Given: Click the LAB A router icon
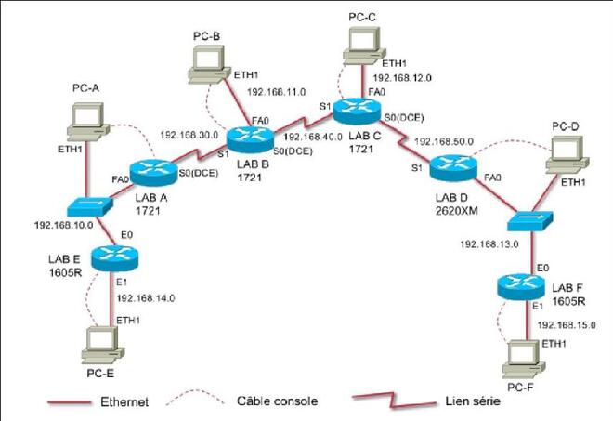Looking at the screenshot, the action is point(153,173).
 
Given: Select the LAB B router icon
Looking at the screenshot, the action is point(250,139).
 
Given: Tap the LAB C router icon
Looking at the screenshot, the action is point(358,111).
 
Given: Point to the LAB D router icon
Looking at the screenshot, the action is point(453,168).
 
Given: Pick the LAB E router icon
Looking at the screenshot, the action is point(115,258).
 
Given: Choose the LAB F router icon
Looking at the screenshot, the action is point(521,287).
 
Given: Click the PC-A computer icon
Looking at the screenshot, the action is point(88,122).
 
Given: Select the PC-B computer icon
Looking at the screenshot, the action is point(209,64).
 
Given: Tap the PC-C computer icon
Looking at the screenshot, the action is point(364,46).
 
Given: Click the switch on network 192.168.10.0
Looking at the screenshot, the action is point(90,206).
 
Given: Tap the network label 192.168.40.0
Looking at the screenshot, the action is point(313,138).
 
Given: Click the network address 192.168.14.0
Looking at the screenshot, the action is point(146,298).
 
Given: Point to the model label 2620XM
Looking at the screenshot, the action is point(456,210).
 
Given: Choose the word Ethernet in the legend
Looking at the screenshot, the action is point(124,401).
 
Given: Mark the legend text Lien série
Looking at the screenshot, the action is point(473,401).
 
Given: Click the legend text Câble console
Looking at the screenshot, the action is point(277,401).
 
